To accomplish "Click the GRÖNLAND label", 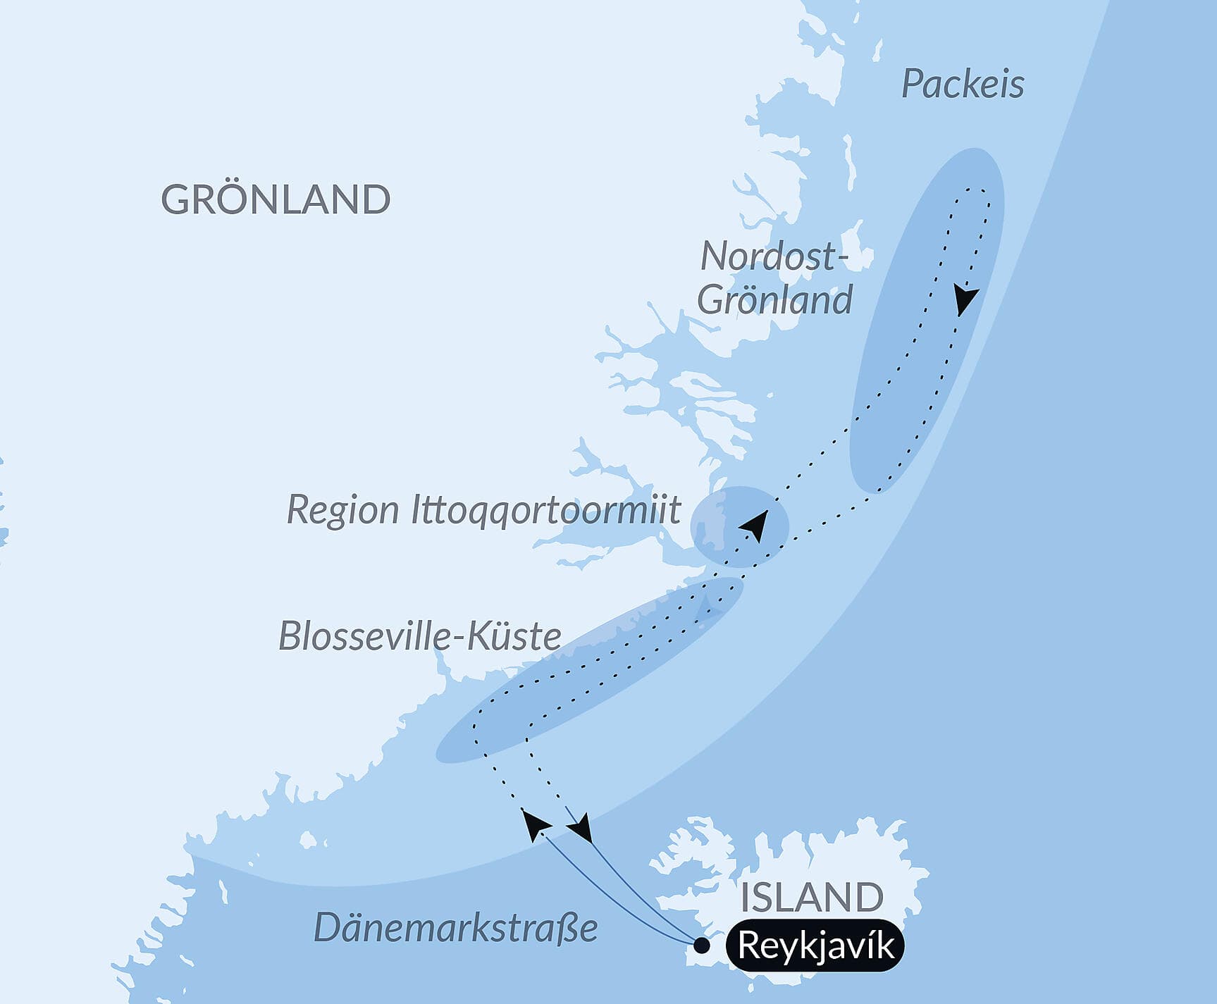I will point(276,200).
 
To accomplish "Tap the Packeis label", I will point(963,85).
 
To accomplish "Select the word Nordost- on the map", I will point(773,256).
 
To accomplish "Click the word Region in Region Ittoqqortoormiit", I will point(342,509).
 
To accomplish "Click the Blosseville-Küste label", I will point(420,636).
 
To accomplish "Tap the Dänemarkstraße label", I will point(455,927).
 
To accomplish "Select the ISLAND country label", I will point(812,897).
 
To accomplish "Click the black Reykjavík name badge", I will point(816,946).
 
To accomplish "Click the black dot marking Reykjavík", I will point(701,946).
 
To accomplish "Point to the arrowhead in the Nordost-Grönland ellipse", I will point(966,300).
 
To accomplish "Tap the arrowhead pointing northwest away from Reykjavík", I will point(535,824).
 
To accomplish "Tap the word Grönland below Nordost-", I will point(775,299).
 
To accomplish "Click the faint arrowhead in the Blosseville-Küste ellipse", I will point(707,607).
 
